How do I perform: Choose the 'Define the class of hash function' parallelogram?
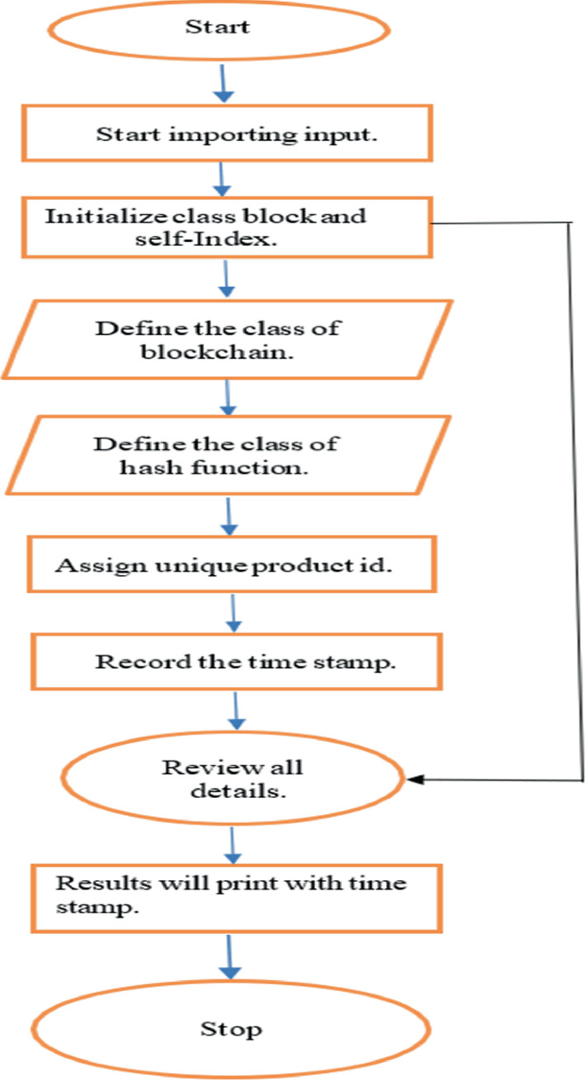coord(224,455)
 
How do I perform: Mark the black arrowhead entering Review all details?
coord(417,778)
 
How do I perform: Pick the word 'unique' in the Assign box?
coord(180,566)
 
